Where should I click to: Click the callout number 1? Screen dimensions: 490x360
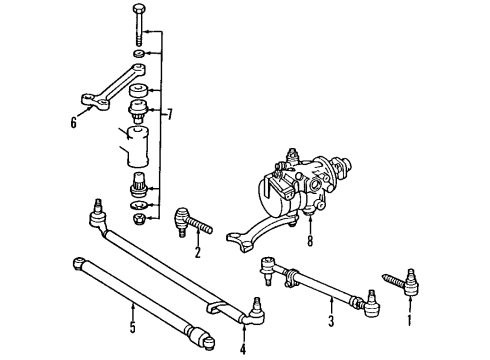coord(409,319)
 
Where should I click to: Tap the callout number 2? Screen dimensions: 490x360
coord(198,252)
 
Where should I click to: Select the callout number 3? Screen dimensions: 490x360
coord(331,321)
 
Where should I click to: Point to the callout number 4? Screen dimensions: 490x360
coord(243,349)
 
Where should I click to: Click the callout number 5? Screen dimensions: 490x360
coord(133,327)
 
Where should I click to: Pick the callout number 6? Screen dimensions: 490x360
coord(73,122)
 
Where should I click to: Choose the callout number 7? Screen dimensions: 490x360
coord(170,114)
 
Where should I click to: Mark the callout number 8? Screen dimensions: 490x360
coord(310,241)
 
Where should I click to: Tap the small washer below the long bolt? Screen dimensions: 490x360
coord(139,53)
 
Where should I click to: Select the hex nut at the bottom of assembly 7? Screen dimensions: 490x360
coord(139,219)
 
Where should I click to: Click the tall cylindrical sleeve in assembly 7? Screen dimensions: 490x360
coord(138,147)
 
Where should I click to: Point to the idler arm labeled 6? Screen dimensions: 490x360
coord(112,87)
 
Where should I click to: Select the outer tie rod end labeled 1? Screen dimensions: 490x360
coord(402,283)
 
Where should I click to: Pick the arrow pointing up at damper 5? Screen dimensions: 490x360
coord(133,311)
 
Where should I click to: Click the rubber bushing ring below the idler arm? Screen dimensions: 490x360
coord(139,91)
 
